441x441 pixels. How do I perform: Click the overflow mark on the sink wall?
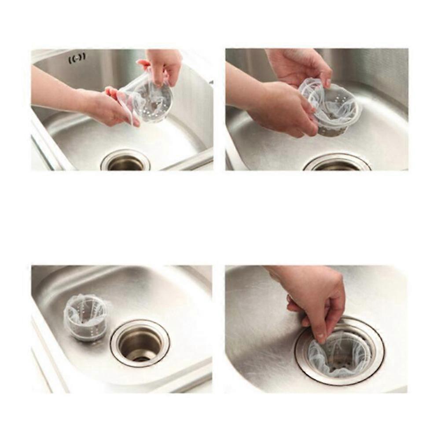(x=77, y=58)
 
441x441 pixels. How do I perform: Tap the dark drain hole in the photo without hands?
(x=140, y=343)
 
